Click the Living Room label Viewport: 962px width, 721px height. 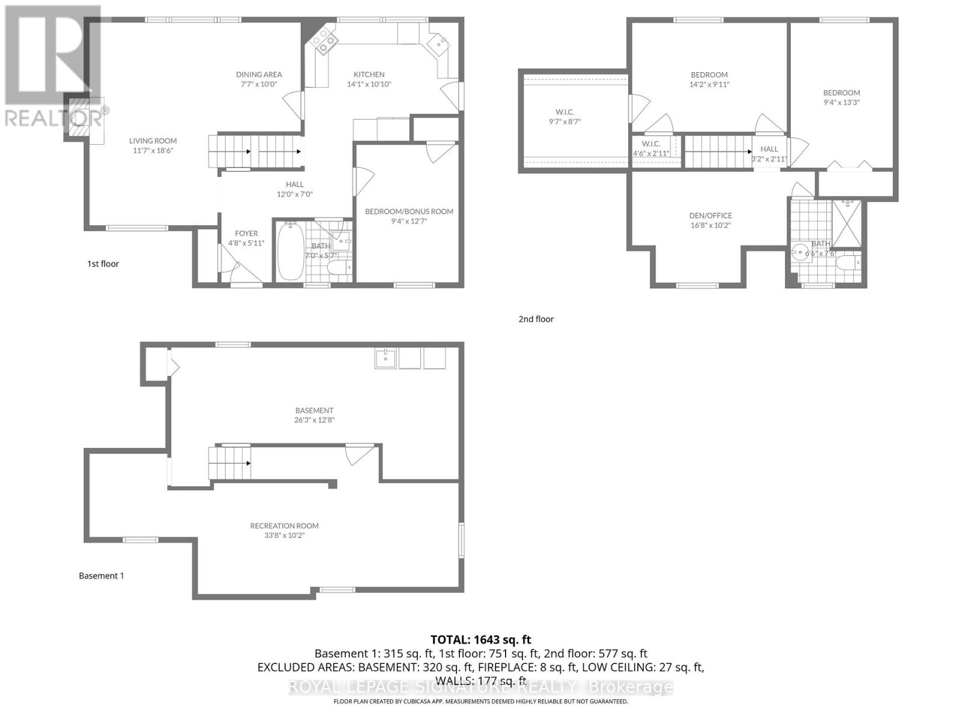pos(153,141)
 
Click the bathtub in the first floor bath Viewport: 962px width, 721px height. pos(290,251)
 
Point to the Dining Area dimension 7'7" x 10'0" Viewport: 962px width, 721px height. pos(259,84)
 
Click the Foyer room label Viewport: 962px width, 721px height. pos(246,234)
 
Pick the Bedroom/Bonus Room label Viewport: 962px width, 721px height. pos(409,211)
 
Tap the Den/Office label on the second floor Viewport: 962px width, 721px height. pos(710,216)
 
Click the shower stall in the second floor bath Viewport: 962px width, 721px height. pos(847,224)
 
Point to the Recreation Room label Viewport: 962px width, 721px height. pos(284,526)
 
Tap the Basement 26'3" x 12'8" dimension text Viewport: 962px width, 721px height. pos(314,420)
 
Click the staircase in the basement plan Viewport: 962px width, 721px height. pos(230,463)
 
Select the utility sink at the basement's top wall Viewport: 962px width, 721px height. pos(385,358)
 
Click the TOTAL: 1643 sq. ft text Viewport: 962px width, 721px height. pos(480,640)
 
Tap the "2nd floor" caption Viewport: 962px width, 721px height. pos(536,319)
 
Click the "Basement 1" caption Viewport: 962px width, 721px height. pos(101,576)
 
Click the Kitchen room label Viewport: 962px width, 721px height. pos(369,75)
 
